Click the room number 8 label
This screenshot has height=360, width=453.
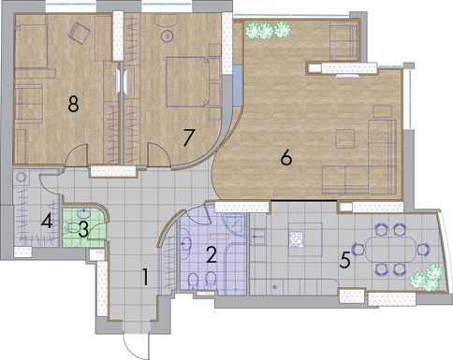click(73, 104)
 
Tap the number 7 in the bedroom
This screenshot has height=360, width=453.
click(189, 137)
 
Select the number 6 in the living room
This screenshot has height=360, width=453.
click(286, 157)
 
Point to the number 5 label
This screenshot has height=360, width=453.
click(344, 260)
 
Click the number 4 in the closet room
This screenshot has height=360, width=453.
click(47, 222)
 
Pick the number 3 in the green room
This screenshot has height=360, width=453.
click(83, 230)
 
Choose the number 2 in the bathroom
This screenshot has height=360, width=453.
click(212, 254)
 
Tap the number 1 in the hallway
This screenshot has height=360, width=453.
click(145, 277)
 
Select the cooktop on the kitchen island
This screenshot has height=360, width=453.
click(297, 239)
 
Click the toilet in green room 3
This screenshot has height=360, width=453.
click(71, 227)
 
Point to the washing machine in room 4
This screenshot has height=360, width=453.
click(22, 178)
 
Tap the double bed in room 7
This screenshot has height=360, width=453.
click(187, 81)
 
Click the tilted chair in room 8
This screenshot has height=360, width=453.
click(80, 33)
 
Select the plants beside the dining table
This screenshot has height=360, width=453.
click(427, 277)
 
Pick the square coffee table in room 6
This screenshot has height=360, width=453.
click(345, 138)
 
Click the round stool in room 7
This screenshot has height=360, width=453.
click(168, 36)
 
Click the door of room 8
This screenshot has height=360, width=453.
click(76, 155)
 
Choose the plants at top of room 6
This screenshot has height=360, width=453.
click(268, 30)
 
